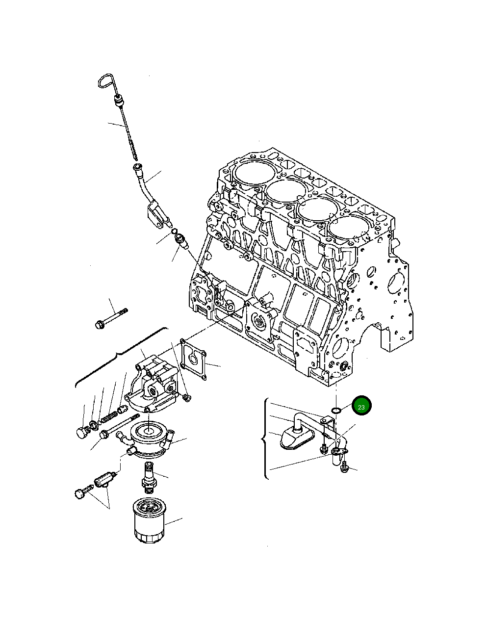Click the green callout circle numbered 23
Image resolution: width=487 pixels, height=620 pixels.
click(x=361, y=406)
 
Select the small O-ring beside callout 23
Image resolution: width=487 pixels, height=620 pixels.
click(x=336, y=410)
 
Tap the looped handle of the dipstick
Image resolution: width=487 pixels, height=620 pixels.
click(x=106, y=81)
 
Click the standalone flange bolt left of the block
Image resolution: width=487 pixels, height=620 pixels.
click(x=110, y=318)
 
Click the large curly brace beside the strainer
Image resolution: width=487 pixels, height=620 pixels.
click(x=266, y=439)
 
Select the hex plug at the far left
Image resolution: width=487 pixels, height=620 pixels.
click(x=82, y=433)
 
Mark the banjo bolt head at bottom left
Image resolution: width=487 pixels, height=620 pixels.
click(x=80, y=493)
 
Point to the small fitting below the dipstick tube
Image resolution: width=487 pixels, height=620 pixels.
click(x=181, y=241)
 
